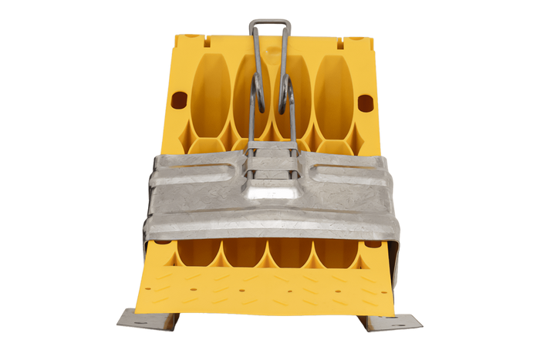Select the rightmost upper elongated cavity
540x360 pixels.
(333, 93)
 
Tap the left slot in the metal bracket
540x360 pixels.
(203, 169)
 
